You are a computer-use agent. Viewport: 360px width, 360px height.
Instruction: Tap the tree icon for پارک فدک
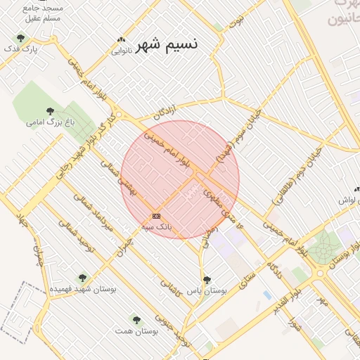click(x=20, y=39)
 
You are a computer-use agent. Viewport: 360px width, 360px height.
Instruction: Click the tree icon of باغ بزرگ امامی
click(x=50, y=111)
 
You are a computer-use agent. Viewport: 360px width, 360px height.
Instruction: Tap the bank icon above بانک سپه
click(x=155, y=216)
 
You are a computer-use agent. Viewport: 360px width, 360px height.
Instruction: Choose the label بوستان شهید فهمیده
click(x=84, y=289)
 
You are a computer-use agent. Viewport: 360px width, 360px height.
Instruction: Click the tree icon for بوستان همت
click(x=136, y=320)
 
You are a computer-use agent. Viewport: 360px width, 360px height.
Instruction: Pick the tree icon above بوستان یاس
click(x=206, y=281)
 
